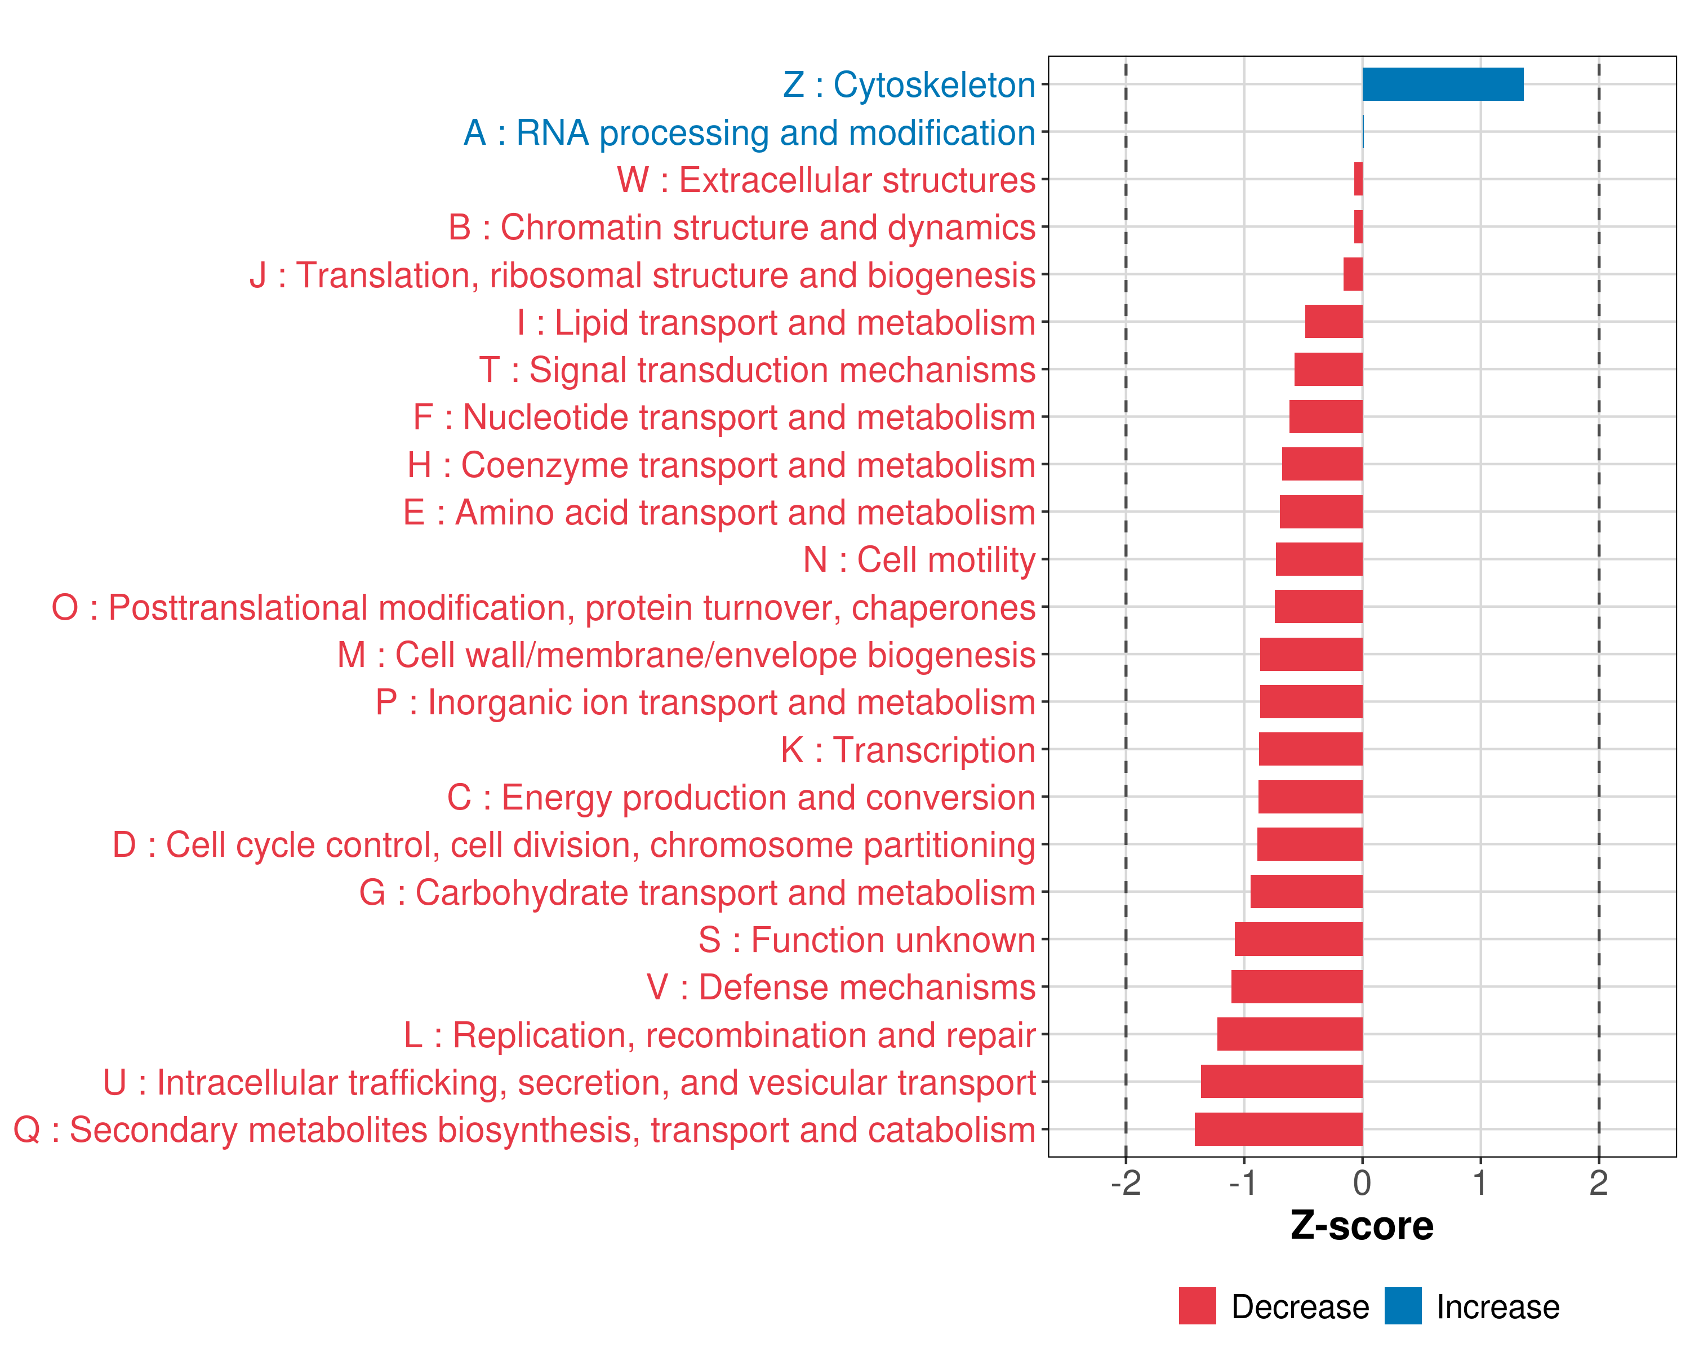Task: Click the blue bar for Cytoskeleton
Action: click(x=1442, y=84)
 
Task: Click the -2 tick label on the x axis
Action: click(x=1126, y=1182)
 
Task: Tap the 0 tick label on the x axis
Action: click(x=1362, y=1182)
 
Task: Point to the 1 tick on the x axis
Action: click(x=1480, y=1182)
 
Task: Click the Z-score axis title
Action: click(x=1362, y=1226)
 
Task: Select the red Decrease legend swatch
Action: click(x=1197, y=1306)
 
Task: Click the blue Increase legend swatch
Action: click(x=1402, y=1306)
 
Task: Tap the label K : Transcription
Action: click(x=908, y=750)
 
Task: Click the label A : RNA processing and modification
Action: click(x=749, y=132)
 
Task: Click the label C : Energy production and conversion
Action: click(x=741, y=797)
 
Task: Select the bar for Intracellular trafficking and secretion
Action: click(x=1281, y=1081)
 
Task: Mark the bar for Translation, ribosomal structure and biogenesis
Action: click(x=1353, y=274)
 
